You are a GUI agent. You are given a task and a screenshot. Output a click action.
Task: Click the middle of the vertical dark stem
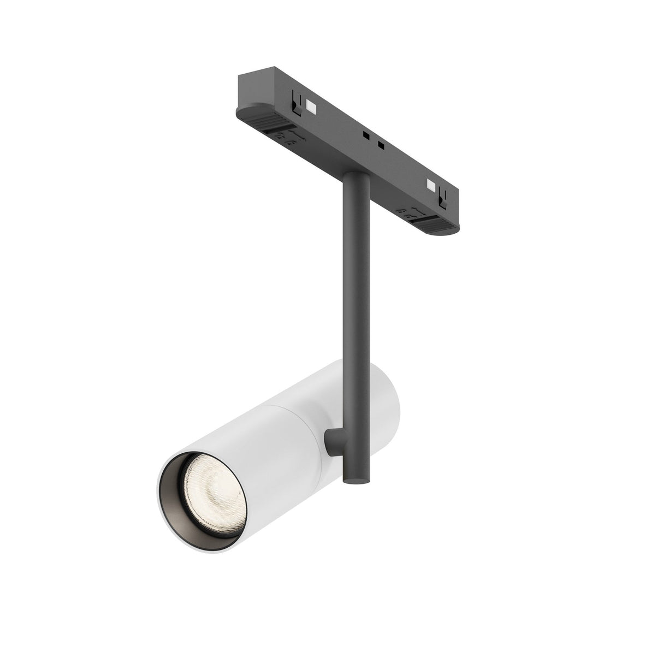click(356, 300)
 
